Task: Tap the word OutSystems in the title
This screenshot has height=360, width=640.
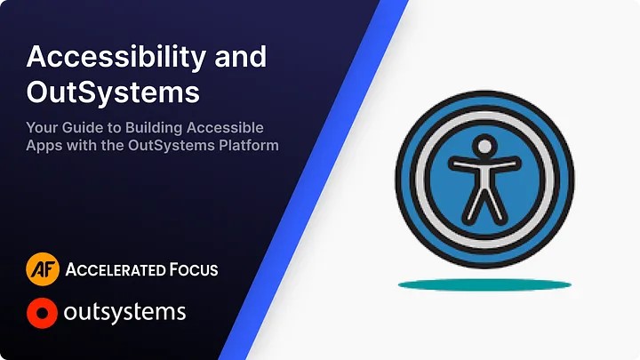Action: coord(113,91)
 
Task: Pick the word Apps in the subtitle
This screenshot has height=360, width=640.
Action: coord(44,145)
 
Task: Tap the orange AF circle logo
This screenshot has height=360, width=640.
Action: coord(43,268)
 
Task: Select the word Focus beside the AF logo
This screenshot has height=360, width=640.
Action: coord(194,268)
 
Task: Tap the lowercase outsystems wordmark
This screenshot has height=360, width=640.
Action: coord(125,313)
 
